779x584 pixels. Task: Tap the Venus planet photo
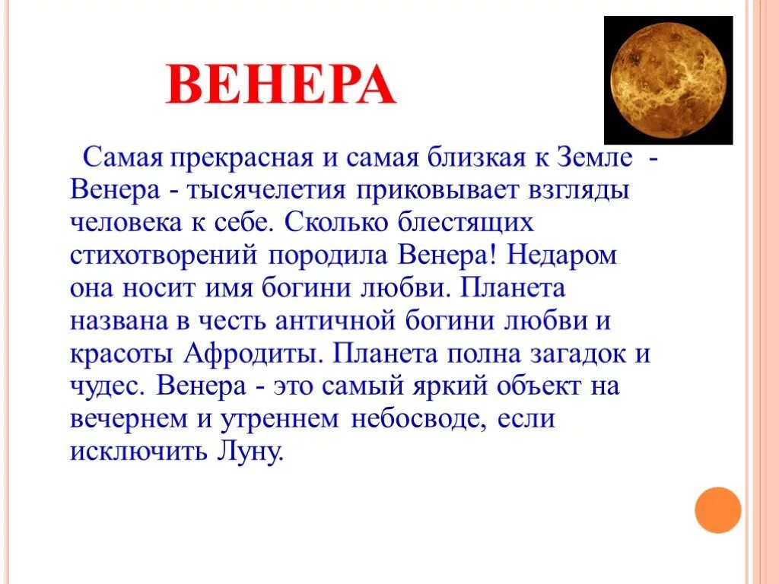668,81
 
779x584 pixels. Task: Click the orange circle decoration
717,509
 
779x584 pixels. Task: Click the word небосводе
426,419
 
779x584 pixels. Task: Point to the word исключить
133,452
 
